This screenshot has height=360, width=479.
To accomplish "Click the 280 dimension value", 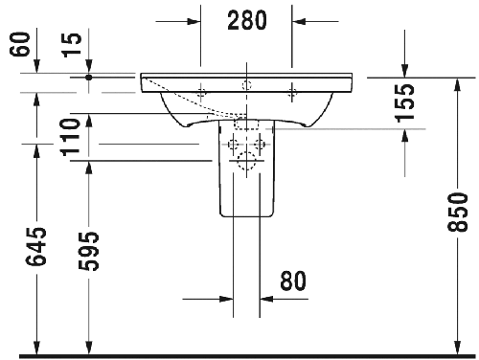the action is pos(247,20).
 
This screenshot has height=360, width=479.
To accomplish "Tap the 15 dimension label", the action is pos(72,45).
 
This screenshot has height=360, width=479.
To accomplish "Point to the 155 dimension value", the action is pos(405,103).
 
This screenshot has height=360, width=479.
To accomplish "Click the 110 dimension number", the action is pos(71,137).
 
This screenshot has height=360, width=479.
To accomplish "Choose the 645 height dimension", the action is pos(35,246).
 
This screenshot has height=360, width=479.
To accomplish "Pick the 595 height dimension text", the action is pos(88,251).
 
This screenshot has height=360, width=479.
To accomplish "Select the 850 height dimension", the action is pos(457,212).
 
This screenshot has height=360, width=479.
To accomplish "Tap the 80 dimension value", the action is pos(293,281).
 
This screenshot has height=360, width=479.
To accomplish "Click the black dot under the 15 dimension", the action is pos(89,78).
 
